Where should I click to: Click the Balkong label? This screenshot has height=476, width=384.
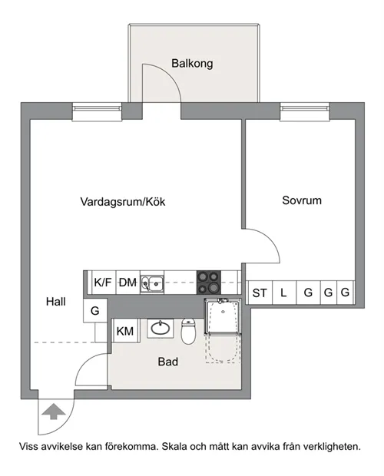pos(192,64)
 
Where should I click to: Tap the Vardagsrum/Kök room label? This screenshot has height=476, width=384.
pos(123,202)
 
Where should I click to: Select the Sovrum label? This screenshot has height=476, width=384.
pos(302,200)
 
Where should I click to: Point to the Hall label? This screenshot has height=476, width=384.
pos(56,302)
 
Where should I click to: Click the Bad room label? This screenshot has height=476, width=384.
pos(168,362)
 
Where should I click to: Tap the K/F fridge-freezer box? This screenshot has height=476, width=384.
pos(104,283)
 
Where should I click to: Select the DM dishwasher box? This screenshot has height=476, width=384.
pos(127,283)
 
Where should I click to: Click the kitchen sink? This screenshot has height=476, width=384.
pos(152,284)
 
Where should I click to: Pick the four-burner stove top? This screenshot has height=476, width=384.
pos(209,283)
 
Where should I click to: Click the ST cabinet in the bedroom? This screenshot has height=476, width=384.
pos(260,293)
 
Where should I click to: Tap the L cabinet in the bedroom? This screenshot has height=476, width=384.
pos(284,293)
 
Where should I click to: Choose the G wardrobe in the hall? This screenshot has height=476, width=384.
pos(95,311)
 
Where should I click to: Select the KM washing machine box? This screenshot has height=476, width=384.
pos(125,331)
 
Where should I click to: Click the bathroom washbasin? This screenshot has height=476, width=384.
pos(161,328)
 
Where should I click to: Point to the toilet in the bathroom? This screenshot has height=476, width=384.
pos(188,331)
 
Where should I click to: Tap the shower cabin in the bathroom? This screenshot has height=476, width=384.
pos(223,316)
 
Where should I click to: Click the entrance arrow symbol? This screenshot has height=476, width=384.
pos(54,412)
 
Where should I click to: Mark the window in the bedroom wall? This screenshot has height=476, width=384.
pos(305,112)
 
